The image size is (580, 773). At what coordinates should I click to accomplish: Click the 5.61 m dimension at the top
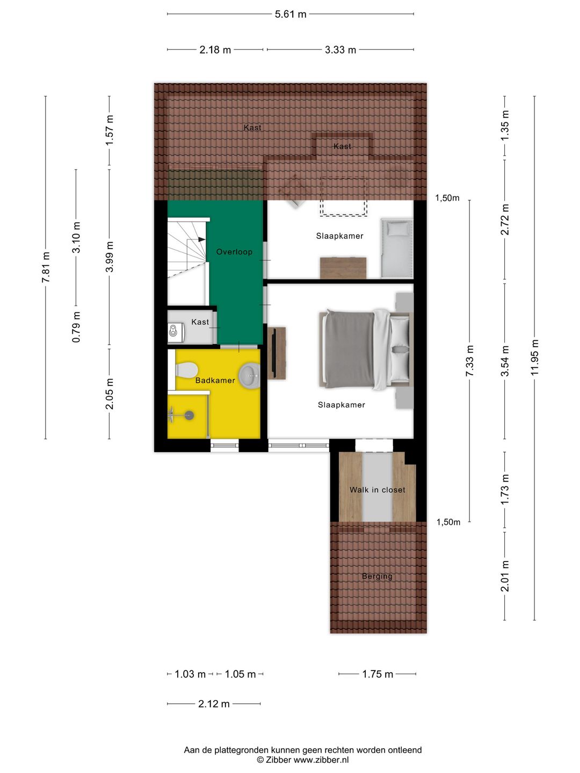point(291,14)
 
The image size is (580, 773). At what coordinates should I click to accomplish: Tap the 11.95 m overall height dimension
point(534,358)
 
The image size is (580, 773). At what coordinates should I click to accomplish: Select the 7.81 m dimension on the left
point(46,267)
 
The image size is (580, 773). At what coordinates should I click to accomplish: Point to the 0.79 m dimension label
point(76,327)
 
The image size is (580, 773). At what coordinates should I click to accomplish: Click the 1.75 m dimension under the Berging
point(378,674)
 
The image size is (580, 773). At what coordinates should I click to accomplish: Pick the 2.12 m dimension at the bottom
point(214,704)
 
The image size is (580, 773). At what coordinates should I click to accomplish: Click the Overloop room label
point(234,252)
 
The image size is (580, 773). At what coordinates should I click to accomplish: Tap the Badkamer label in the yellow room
point(215,381)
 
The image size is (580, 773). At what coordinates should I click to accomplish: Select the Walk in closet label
point(378,490)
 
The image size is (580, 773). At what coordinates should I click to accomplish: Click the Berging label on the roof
point(377,576)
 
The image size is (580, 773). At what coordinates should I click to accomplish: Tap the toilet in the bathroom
point(186,370)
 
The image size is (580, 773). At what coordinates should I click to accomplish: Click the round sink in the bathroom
point(249,376)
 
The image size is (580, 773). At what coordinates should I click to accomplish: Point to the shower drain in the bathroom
point(189,415)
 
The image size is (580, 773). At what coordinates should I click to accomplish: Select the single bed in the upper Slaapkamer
point(397,248)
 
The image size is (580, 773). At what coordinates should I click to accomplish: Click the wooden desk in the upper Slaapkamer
point(343,268)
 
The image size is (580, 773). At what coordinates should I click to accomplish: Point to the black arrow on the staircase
point(201,239)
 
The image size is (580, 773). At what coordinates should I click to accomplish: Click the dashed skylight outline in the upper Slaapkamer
point(344,197)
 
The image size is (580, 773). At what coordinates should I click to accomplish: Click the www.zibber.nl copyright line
point(303,760)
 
